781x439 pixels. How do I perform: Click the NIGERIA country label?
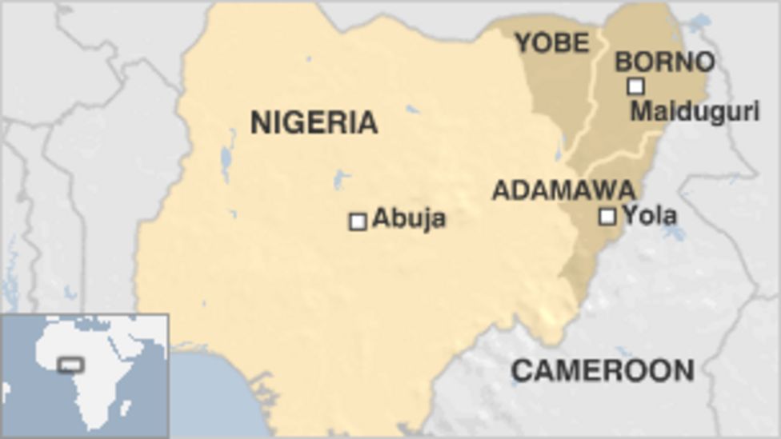click(314, 122)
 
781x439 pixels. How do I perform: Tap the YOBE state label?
click(552, 42)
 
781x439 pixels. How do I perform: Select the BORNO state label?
click(664, 62)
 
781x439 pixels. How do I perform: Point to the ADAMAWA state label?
click(563, 190)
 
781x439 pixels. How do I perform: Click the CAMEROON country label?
click(603, 370)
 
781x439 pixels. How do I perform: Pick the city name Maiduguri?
click(695, 111)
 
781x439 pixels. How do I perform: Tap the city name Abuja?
click(409, 218)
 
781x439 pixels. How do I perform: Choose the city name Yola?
click(650, 215)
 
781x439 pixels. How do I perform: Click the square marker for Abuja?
click(358, 221)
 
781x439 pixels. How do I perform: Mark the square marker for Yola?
click(607, 216)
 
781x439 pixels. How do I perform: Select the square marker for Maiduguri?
click(635, 86)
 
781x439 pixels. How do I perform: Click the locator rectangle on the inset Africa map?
click(70, 365)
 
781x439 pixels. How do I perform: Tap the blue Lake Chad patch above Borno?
click(698, 22)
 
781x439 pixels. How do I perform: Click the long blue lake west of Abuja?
click(226, 157)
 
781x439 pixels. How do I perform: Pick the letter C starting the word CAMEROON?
click(520, 370)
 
